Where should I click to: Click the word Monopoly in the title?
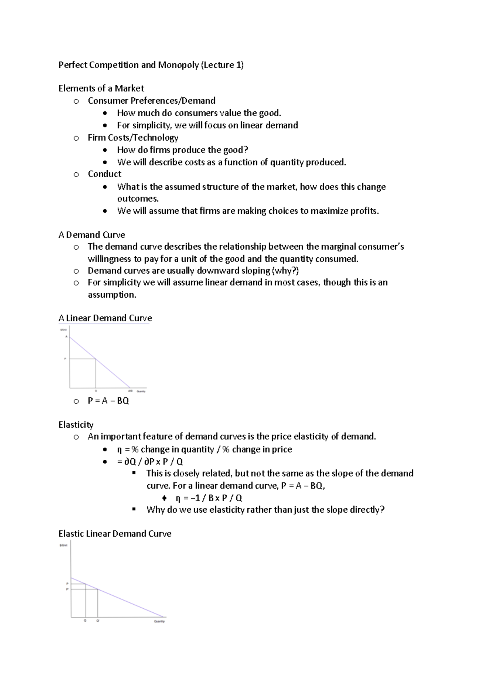(x=178, y=65)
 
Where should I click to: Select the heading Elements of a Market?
(x=101, y=88)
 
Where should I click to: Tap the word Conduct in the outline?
(x=104, y=174)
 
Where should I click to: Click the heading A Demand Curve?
(x=92, y=235)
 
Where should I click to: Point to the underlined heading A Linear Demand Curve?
(x=105, y=318)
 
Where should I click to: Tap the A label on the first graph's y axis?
(x=66, y=337)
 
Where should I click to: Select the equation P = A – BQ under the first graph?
(x=108, y=401)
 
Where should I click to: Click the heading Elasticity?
(x=76, y=425)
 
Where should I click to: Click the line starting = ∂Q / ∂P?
(x=150, y=462)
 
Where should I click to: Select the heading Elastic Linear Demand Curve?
(x=115, y=534)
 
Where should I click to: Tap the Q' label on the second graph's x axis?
(x=98, y=621)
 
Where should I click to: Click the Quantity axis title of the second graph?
(x=159, y=622)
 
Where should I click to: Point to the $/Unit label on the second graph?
(x=63, y=545)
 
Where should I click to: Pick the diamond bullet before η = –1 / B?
(x=164, y=498)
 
